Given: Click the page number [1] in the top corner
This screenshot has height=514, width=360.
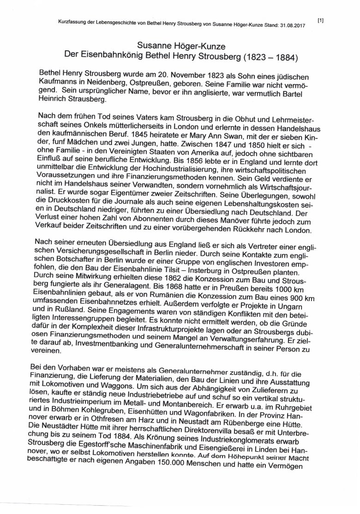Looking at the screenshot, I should coord(321,20).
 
